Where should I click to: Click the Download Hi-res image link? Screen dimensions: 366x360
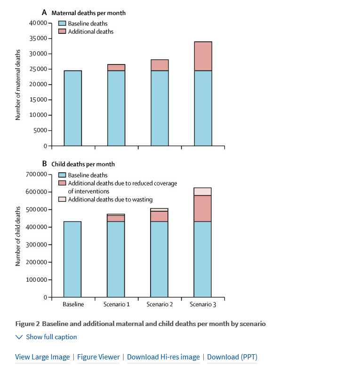(x=163, y=357)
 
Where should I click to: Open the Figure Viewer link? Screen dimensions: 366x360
(x=98, y=357)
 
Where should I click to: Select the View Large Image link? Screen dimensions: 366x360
(x=42, y=357)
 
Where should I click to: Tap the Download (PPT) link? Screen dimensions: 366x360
(x=232, y=357)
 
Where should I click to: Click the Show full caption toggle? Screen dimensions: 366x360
(x=46, y=337)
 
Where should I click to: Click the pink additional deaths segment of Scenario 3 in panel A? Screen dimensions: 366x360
(x=203, y=56)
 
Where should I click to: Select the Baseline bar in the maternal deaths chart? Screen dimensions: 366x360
(x=73, y=108)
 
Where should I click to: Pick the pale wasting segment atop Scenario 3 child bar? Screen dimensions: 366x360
(x=203, y=191)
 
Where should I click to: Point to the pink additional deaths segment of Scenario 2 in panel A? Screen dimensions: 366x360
(x=160, y=65)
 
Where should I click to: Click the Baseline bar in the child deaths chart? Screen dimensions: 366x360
(x=73, y=259)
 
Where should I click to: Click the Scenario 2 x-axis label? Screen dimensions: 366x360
(x=160, y=304)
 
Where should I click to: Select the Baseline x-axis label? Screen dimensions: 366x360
(x=73, y=304)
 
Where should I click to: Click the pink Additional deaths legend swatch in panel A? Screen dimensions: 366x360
(x=62, y=32)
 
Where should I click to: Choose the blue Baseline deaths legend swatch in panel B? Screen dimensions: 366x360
(x=62, y=175)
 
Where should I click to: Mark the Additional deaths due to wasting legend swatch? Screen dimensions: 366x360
(x=62, y=199)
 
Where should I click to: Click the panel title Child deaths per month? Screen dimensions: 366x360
(x=83, y=164)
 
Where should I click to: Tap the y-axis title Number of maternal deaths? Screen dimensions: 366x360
(x=18, y=85)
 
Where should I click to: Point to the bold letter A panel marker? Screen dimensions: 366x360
(x=44, y=13)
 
